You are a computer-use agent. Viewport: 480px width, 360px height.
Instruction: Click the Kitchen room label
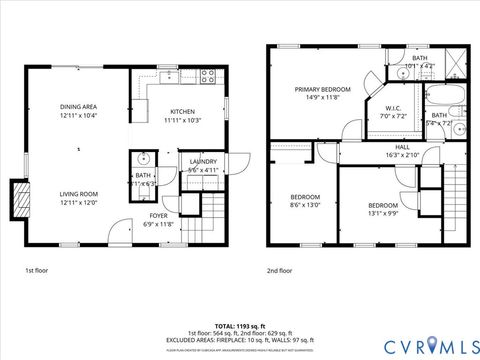coord(182,115)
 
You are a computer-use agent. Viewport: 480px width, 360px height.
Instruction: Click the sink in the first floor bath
coord(142,158)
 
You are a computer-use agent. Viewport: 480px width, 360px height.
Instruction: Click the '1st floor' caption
coord(36,270)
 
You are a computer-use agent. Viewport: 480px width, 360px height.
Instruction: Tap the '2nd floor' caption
coord(280,270)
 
